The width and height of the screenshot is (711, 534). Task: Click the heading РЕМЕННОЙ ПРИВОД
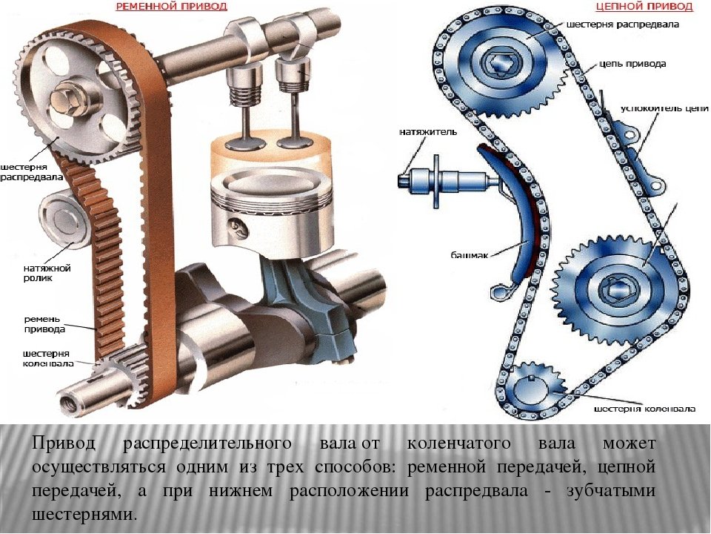click(171, 7)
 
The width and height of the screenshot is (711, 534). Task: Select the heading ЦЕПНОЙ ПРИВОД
click(644, 7)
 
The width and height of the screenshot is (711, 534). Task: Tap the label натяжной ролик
click(47, 273)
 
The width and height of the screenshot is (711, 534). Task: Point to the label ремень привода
click(44, 324)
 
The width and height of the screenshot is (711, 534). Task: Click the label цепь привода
click(632, 64)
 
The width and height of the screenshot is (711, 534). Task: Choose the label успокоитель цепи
click(664, 109)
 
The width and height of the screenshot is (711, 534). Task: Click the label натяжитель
click(428, 132)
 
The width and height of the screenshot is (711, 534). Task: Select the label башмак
click(470, 255)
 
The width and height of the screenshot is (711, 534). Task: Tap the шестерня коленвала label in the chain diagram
click(644, 409)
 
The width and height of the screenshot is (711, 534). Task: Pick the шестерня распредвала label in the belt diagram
click(31, 172)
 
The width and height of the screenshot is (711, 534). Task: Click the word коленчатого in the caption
click(459, 444)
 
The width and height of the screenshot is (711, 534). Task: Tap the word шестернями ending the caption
click(84, 515)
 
